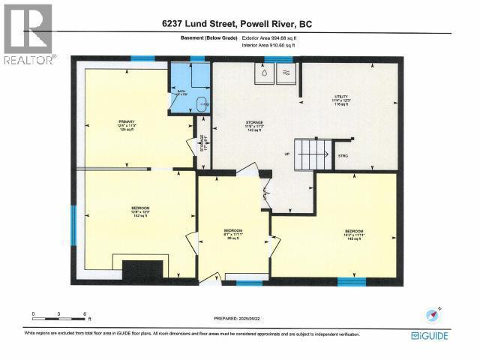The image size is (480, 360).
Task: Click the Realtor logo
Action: coord(28,34)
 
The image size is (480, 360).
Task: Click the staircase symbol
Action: coord(308,155)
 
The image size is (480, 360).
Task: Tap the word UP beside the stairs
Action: coord(286,155)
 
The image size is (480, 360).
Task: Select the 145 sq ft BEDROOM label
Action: coord(354,233)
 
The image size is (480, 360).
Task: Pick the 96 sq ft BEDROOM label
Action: coord(233,233)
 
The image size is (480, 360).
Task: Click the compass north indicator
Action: coord(433,313)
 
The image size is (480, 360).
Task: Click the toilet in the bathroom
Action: coord(197,103)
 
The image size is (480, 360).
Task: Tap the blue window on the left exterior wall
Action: coord(74,225)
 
